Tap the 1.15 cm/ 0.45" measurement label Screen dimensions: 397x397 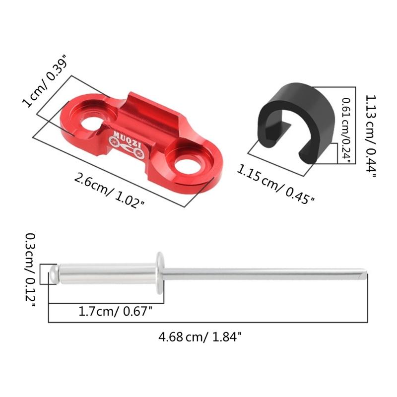(x=276, y=184)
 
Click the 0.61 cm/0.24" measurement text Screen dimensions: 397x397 (x=347, y=130)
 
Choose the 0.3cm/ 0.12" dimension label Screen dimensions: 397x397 (x=31, y=271)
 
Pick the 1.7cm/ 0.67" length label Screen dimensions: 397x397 (x=115, y=312)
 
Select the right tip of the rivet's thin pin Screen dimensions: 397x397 (x=365, y=272)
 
